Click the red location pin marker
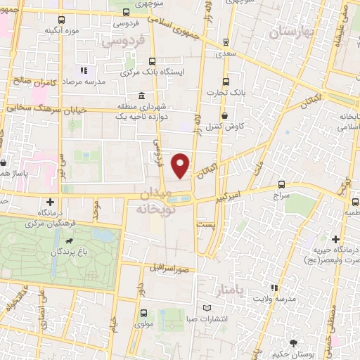pos(181,164)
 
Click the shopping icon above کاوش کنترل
pos(224,116)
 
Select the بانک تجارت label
pos(224,93)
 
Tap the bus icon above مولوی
pos(143,313)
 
